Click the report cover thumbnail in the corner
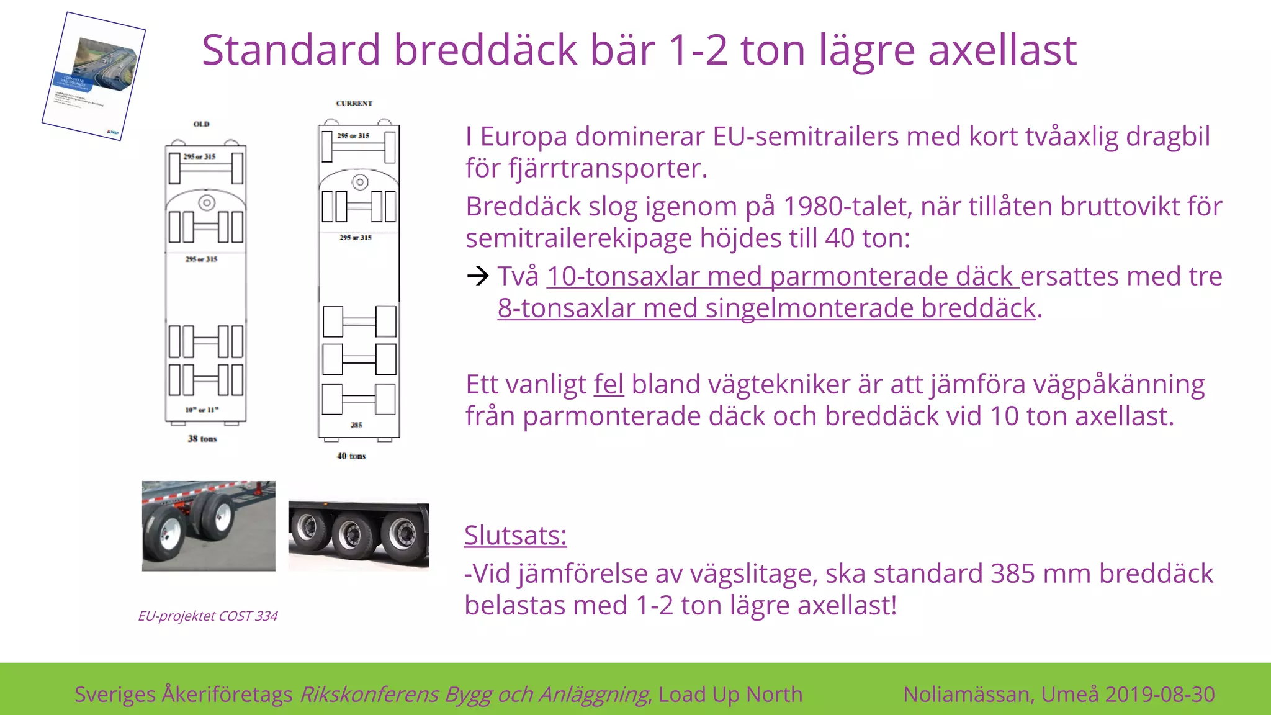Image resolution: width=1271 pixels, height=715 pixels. (x=94, y=76)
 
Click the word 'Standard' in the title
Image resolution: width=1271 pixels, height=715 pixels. (x=290, y=50)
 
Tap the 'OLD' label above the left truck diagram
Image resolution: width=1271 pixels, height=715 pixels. (x=202, y=124)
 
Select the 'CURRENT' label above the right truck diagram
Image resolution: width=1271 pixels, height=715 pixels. (x=354, y=104)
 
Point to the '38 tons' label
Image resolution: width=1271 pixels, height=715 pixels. (x=202, y=439)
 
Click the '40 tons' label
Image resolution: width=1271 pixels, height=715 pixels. (x=351, y=456)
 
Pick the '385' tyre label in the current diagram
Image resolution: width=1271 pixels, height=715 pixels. (x=356, y=425)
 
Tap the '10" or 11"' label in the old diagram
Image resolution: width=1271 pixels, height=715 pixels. (x=202, y=410)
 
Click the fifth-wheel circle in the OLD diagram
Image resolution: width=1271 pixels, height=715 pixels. (x=207, y=203)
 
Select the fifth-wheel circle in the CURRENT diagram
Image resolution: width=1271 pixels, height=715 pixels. (x=360, y=182)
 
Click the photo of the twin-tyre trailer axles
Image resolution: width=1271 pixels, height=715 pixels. (x=209, y=526)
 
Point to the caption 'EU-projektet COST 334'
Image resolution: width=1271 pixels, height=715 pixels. (x=208, y=616)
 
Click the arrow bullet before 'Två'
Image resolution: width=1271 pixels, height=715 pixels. (x=478, y=276)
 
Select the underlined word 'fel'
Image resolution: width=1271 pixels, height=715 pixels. (x=608, y=385)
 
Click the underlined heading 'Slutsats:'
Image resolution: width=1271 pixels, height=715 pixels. (x=515, y=535)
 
